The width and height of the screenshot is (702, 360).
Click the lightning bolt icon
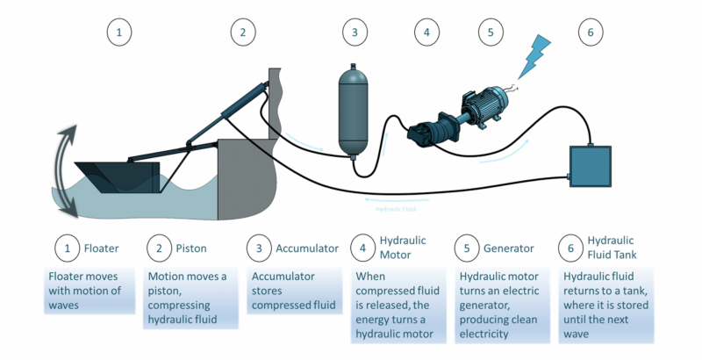coord(533,57)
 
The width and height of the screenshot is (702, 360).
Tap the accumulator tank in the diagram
coord(353,111)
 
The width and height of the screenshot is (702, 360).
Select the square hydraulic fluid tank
coord(590,166)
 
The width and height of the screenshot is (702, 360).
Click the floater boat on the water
coord(118,176)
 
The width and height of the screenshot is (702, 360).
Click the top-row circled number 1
coord(119,32)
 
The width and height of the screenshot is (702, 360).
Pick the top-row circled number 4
coord(426,32)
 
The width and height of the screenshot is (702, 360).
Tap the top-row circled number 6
coord(591,32)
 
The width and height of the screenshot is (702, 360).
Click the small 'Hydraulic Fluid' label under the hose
coord(396,209)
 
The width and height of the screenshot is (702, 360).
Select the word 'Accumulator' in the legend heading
coord(307,248)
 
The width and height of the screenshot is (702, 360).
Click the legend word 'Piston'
coord(191,248)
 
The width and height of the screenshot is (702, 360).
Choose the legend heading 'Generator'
coord(509,248)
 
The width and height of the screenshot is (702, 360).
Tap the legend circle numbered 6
coord(571,248)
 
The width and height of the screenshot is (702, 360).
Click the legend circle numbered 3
coord(259,248)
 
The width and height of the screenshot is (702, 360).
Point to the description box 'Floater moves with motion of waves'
coord(90,291)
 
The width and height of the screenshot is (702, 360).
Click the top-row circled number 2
coord(243,32)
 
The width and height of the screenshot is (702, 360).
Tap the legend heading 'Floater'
coord(102,248)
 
